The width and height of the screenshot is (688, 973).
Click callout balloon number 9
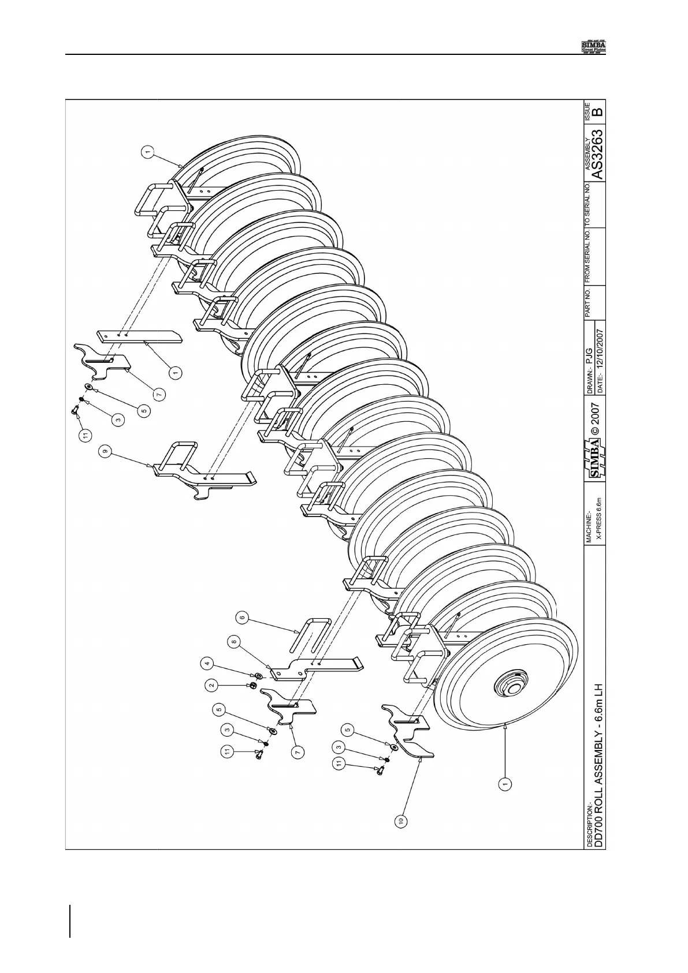pyautogui.click(x=105, y=453)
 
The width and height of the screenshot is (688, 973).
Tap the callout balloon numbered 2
pyautogui.click(x=212, y=685)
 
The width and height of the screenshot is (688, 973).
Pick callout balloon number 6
pyautogui.click(x=243, y=618)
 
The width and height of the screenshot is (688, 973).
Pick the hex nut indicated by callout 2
pyautogui.click(x=252, y=686)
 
